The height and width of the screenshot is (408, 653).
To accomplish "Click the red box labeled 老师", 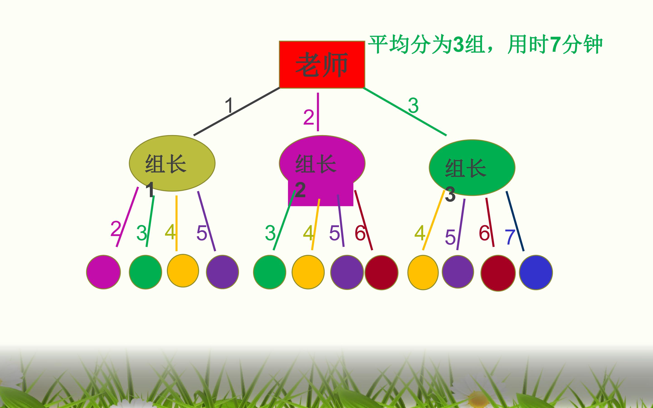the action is (322, 65).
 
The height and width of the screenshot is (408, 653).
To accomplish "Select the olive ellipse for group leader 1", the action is (172, 163).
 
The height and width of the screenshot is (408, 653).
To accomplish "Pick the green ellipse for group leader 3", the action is (472, 168).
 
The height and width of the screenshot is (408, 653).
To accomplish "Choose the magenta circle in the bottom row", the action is (103, 272).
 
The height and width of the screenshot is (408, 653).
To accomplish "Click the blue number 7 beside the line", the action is (510, 237).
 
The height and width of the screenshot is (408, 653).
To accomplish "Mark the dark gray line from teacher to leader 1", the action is (237, 112).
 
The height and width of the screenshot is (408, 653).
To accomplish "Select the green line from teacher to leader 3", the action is (405, 112).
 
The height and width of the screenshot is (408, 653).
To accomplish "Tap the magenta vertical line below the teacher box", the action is (318, 112).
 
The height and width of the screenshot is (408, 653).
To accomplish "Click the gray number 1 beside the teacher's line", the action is (229, 105).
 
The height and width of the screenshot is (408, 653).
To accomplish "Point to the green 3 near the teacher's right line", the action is (413, 105).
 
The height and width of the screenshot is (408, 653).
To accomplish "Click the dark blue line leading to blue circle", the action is (515, 221).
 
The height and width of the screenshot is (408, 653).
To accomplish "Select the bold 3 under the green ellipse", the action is (450, 194).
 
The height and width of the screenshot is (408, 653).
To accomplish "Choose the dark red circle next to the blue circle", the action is (498, 273).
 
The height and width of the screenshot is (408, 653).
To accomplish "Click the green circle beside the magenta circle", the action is (145, 272).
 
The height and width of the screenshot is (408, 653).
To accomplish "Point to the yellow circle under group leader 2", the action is (308, 272).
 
